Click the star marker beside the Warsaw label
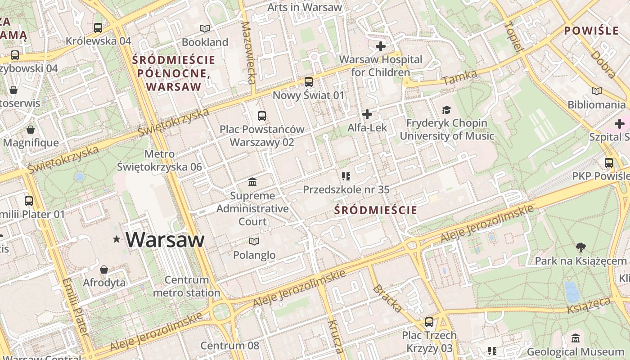tap(117, 239)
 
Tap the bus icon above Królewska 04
tap(98, 28)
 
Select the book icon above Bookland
tap(205, 29)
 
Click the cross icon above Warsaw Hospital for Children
tap(381, 46)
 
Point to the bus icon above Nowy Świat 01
tap(309, 82)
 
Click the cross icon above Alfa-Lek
tap(367, 115)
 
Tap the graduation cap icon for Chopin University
tap(446, 110)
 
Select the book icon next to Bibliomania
tap(597, 91)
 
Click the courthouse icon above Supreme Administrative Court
tap(252, 182)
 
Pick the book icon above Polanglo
tap(254, 242)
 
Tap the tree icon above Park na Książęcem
tap(581, 247)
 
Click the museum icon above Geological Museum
tap(575, 338)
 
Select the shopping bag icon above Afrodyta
tap(104, 270)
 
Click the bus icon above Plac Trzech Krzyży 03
tap(429, 322)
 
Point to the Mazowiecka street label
tap(248, 53)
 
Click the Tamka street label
tap(459, 78)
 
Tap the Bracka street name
tap(387, 298)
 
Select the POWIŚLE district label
tap(591, 31)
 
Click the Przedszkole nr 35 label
tap(346, 189)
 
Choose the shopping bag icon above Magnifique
tap(31, 130)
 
